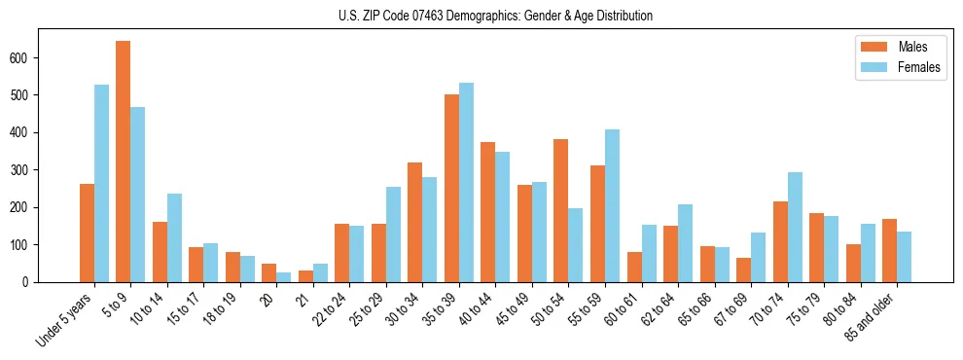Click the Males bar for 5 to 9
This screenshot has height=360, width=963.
[x=124, y=162]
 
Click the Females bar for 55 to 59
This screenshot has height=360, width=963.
[x=612, y=205]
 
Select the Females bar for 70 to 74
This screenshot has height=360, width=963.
[x=795, y=227]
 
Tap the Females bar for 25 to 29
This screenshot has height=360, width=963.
[x=393, y=234]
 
